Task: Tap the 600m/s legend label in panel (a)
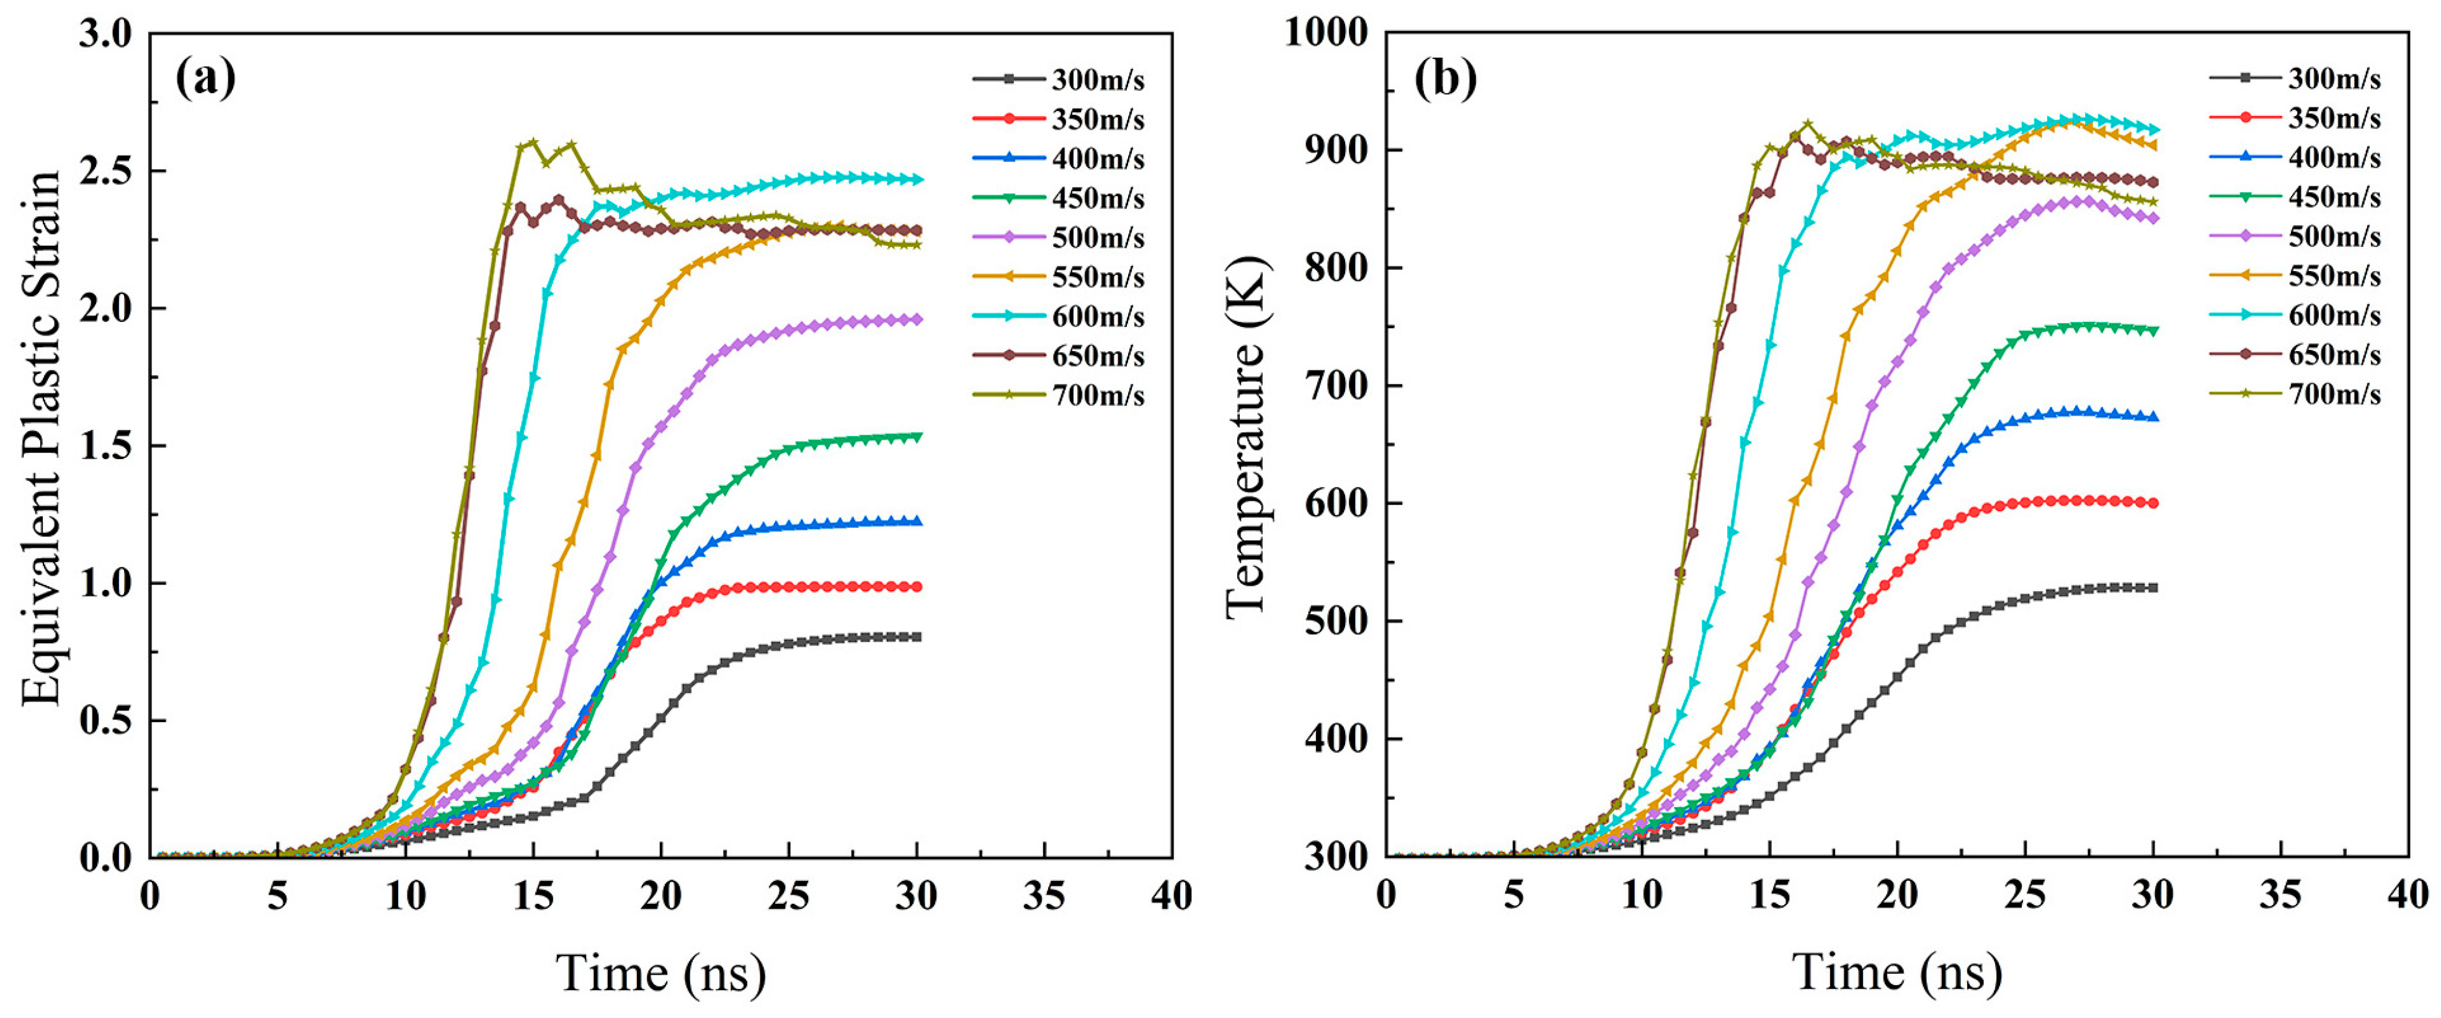(1097, 316)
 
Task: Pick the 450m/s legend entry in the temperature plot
(2333, 197)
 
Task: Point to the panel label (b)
(1445, 78)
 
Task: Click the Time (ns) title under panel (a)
(660, 973)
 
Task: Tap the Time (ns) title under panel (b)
(1897, 973)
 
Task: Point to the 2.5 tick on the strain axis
(106, 171)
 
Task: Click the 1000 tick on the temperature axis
(1327, 33)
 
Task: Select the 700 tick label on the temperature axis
(1336, 386)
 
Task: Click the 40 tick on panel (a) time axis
(1172, 896)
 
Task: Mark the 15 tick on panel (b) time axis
(1769, 896)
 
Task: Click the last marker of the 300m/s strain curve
(917, 637)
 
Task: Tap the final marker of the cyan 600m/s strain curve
(917, 179)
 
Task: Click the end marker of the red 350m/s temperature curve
(2153, 503)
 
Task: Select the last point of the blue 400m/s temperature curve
(2153, 417)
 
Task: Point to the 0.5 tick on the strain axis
(106, 720)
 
